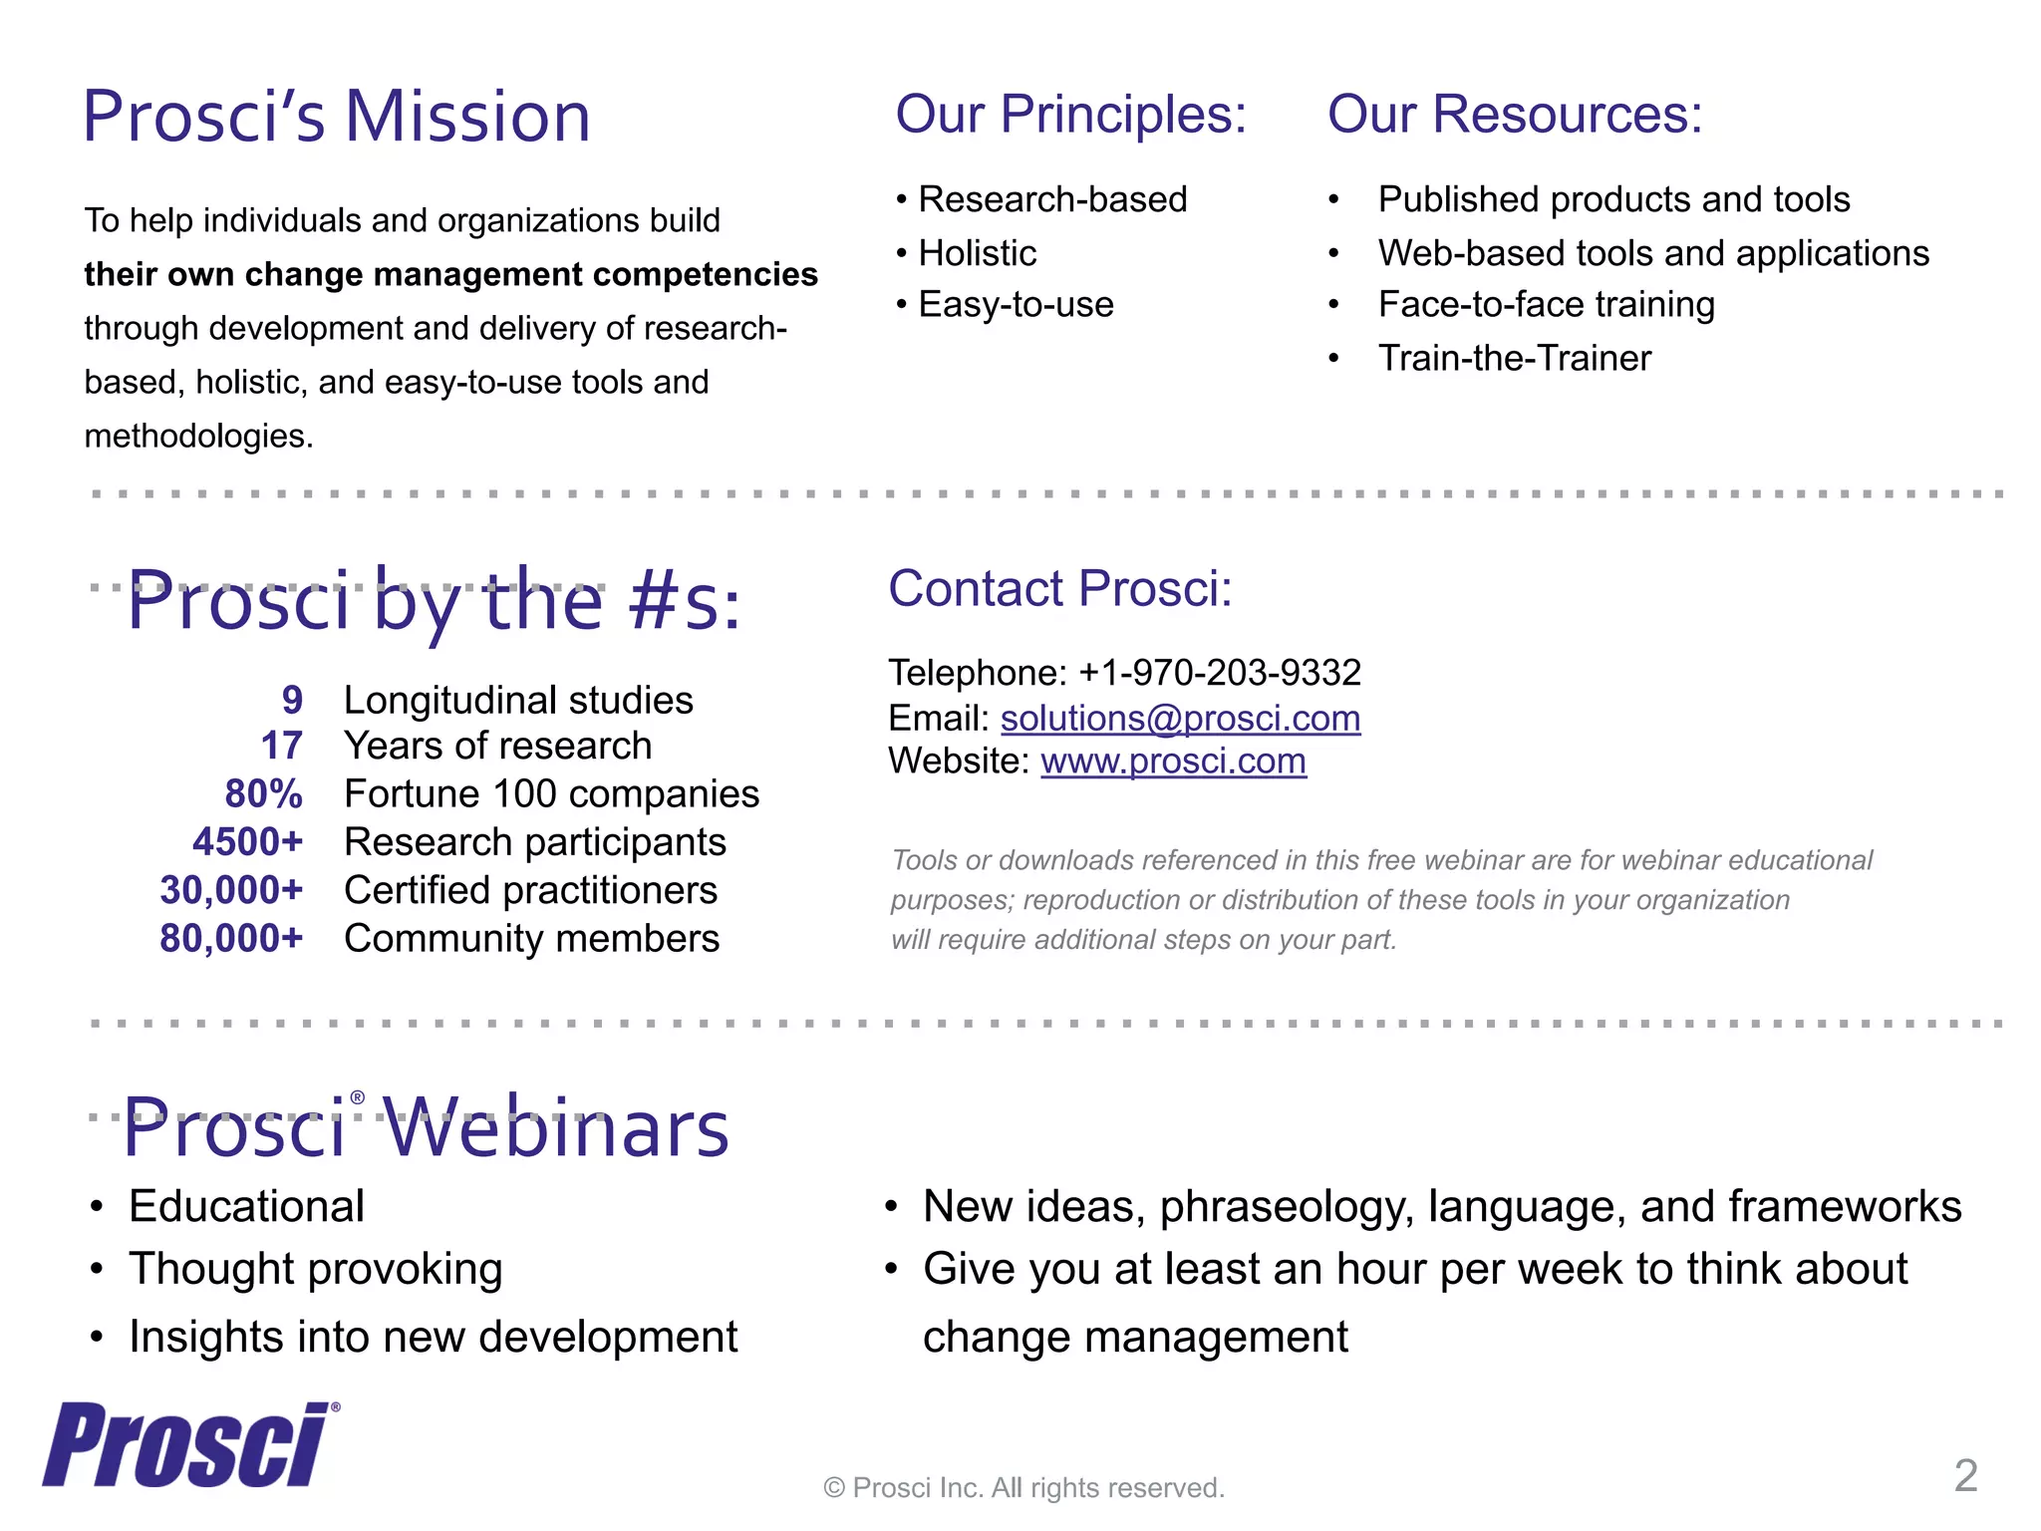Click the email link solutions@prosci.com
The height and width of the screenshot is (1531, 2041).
[1180, 718]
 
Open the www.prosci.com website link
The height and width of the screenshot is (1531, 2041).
[1173, 762]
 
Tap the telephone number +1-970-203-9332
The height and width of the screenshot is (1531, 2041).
[1220, 673]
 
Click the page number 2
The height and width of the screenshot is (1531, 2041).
[1965, 1476]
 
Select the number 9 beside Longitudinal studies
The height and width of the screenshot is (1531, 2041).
[291, 700]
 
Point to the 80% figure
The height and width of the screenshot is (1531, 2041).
[263, 794]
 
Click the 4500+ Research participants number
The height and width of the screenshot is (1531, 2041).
[247, 842]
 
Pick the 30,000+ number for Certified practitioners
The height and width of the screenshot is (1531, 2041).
[231, 890]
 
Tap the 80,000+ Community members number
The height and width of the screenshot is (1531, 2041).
[231, 938]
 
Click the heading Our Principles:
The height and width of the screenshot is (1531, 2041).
[1070, 115]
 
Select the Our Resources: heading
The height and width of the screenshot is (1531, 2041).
[1515, 115]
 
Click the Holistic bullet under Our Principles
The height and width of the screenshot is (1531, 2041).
[977, 253]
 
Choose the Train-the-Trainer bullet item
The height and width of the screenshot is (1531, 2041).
[1514, 358]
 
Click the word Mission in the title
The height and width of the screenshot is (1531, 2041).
[467, 118]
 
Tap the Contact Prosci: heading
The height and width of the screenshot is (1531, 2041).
[1060, 588]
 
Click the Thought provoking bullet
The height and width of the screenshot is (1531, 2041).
[315, 1269]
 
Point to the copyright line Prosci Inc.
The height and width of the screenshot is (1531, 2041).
[1023, 1487]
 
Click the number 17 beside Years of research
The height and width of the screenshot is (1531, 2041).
[281, 747]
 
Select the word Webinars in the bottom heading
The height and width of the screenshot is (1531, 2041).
[556, 1128]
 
